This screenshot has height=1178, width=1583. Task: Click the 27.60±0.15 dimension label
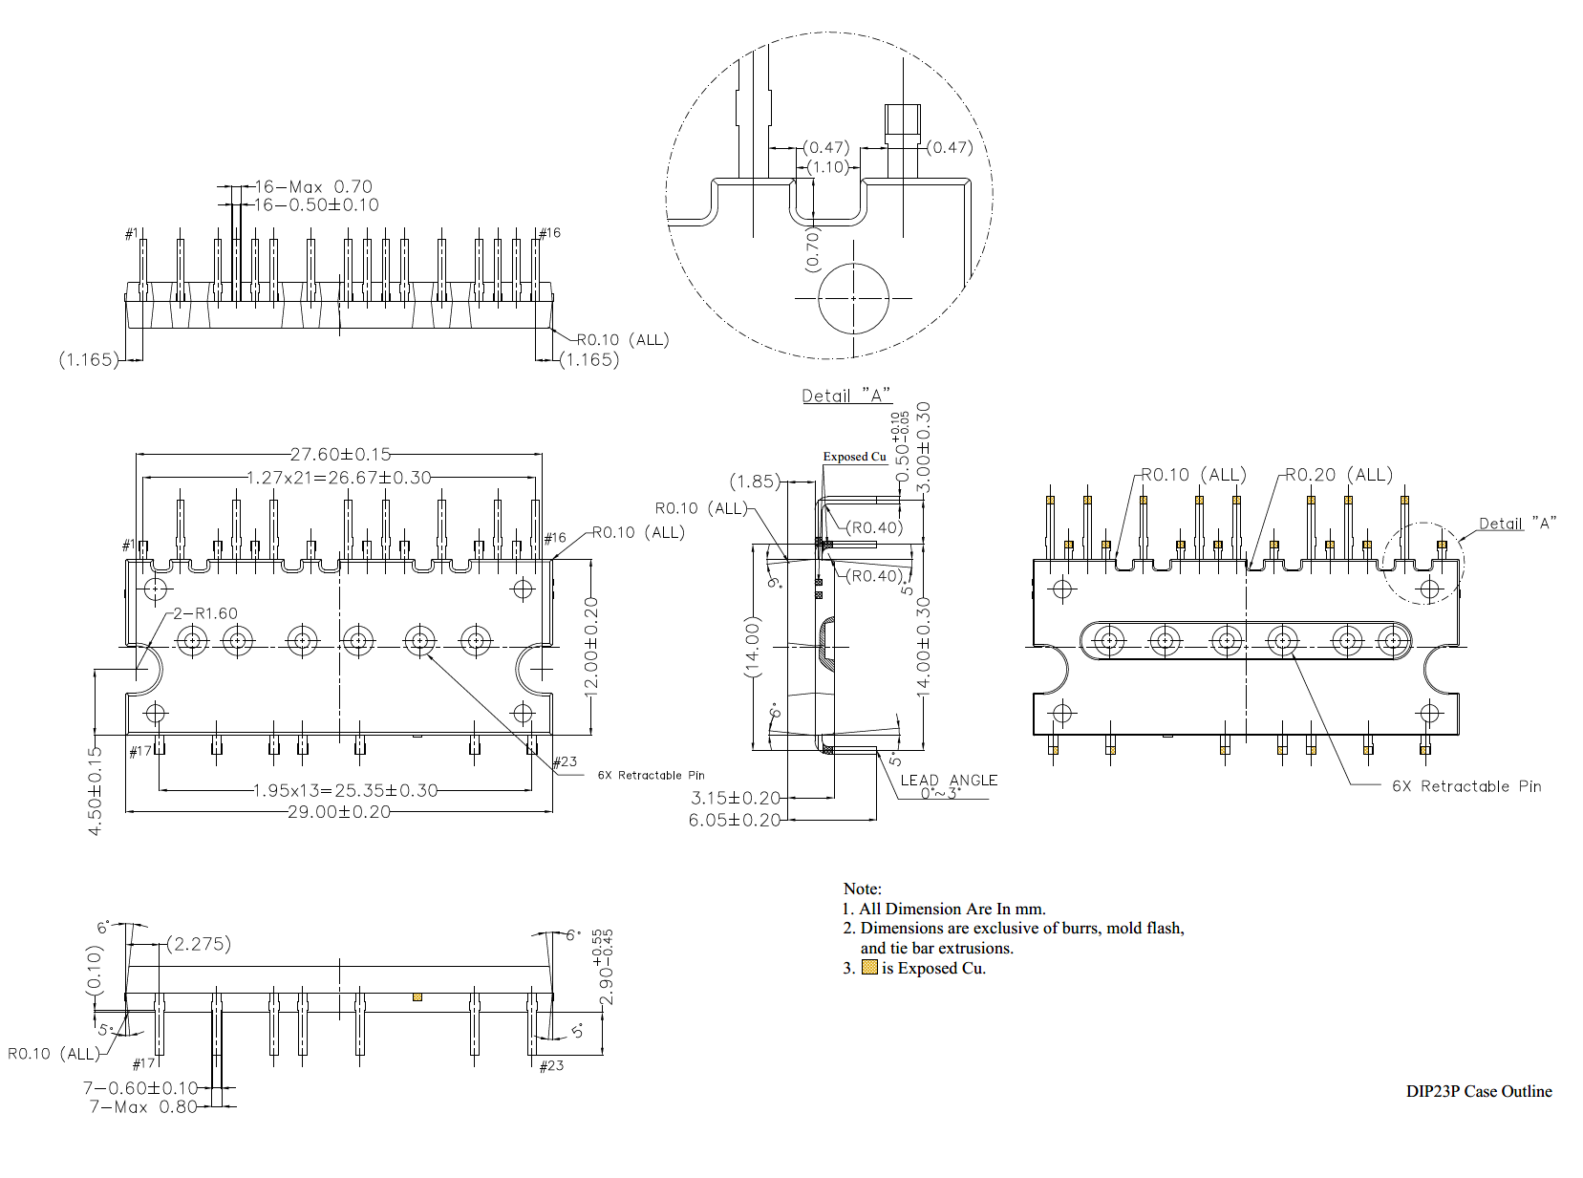340,455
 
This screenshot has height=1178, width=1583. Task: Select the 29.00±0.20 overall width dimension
339,812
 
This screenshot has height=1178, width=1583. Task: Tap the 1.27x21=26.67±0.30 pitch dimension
339,478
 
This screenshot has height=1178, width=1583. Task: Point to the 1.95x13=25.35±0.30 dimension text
345,791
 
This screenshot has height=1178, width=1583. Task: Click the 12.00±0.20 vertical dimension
591,646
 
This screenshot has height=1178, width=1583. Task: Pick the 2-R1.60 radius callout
204,613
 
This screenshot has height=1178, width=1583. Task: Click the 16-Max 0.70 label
313,187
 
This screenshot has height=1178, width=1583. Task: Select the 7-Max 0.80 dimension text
143,1106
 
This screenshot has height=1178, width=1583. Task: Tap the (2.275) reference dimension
199,944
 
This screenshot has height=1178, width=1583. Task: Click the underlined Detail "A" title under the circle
846,396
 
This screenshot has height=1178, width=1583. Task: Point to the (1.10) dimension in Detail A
827,167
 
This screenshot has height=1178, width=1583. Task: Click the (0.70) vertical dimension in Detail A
813,250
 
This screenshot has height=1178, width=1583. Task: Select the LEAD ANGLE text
949,781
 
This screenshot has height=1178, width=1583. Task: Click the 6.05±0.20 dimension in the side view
735,820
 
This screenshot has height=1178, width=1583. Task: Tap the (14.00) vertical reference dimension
753,647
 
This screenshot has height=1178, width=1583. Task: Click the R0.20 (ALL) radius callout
1338,475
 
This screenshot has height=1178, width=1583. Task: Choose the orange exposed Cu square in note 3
869,967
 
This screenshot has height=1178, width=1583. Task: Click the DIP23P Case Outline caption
1478,1091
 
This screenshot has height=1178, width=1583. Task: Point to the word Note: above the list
862,889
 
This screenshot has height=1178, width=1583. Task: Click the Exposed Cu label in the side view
854,457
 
